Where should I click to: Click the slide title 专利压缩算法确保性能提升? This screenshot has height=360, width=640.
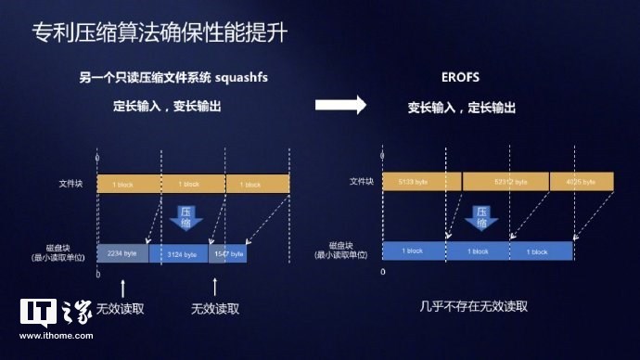(159, 35)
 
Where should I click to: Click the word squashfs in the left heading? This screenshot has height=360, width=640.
(250, 77)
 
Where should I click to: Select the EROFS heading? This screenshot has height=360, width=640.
(461, 77)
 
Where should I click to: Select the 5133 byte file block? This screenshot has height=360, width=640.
(422, 183)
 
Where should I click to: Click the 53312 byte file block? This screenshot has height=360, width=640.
(506, 183)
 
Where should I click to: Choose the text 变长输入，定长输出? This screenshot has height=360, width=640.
(461, 108)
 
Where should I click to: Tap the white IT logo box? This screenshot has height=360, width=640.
(36, 314)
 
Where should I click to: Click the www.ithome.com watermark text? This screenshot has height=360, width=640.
(58, 342)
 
